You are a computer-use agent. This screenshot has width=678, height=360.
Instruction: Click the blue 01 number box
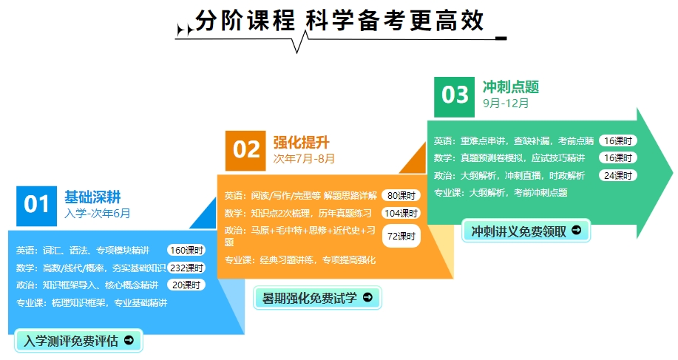pyautogui.click(x=36, y=206)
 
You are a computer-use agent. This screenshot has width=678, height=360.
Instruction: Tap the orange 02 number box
pyautogui.click(x=245, y=151)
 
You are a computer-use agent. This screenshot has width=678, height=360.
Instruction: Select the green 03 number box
pyautogui.click(x=455, y=98)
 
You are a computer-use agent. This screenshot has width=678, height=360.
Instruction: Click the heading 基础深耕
pyautogui.click(x=92, y=197)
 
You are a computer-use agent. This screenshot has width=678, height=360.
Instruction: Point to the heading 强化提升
pyautogui.click(x=302, y=142)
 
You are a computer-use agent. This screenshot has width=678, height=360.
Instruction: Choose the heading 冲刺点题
pyautogui.click(x=511, y=87)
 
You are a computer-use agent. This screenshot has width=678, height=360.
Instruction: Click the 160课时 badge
pyautogui.click(x=186, y=251)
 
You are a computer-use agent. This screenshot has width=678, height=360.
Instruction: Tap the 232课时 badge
pyautogui.click(x=186, y=268)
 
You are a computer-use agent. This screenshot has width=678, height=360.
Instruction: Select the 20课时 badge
pyautogui.click(x=186, y=285)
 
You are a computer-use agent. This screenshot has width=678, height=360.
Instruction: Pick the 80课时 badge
pyautogui.click(x=401, y=196)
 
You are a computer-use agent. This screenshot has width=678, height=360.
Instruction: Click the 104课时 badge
pyautogui.click(x=401, y=213)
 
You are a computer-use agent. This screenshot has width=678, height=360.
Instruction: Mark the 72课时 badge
pyautogui.click(x=401, y=236)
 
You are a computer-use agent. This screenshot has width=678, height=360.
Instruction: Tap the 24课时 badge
pyautogui.click(x=618, y=175)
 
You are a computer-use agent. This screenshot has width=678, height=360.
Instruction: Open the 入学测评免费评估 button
pyautogui.click(x=78, y=341)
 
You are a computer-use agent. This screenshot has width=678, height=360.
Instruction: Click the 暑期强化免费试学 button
pyautogui.click(x=317, y=298)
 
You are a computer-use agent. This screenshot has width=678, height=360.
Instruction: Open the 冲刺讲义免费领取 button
pyautogui.click(x=526, y=231)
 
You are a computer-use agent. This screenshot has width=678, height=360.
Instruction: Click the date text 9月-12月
pyautogui.click(x=506, y=103)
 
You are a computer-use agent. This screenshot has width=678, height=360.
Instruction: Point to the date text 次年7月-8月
pyautogui.click(x=304, y=159)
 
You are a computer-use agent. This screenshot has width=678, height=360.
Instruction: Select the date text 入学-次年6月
pyautogui.click(x=98, y=214)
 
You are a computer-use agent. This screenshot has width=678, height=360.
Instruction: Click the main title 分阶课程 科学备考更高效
pyautogui.click(x=339, y=21)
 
